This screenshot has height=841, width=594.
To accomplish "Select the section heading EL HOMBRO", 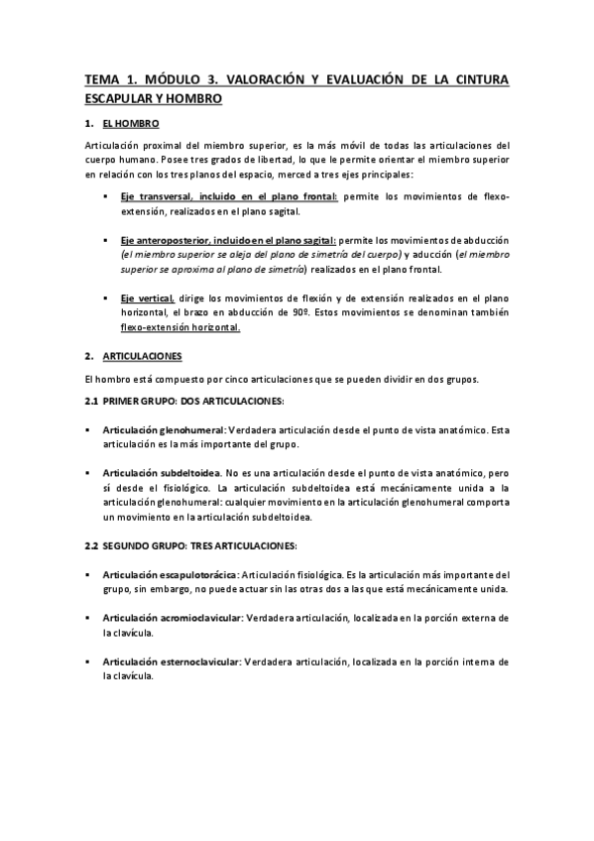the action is [x=130, y=124].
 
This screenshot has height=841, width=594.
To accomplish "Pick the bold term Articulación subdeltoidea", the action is [x=161, y=474].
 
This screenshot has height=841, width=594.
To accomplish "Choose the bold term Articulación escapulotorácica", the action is [x=170, y=574].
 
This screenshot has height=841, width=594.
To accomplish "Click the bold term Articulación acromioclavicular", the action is [x=173, y=618].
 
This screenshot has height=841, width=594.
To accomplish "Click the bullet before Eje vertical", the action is [x=105, y=298].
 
